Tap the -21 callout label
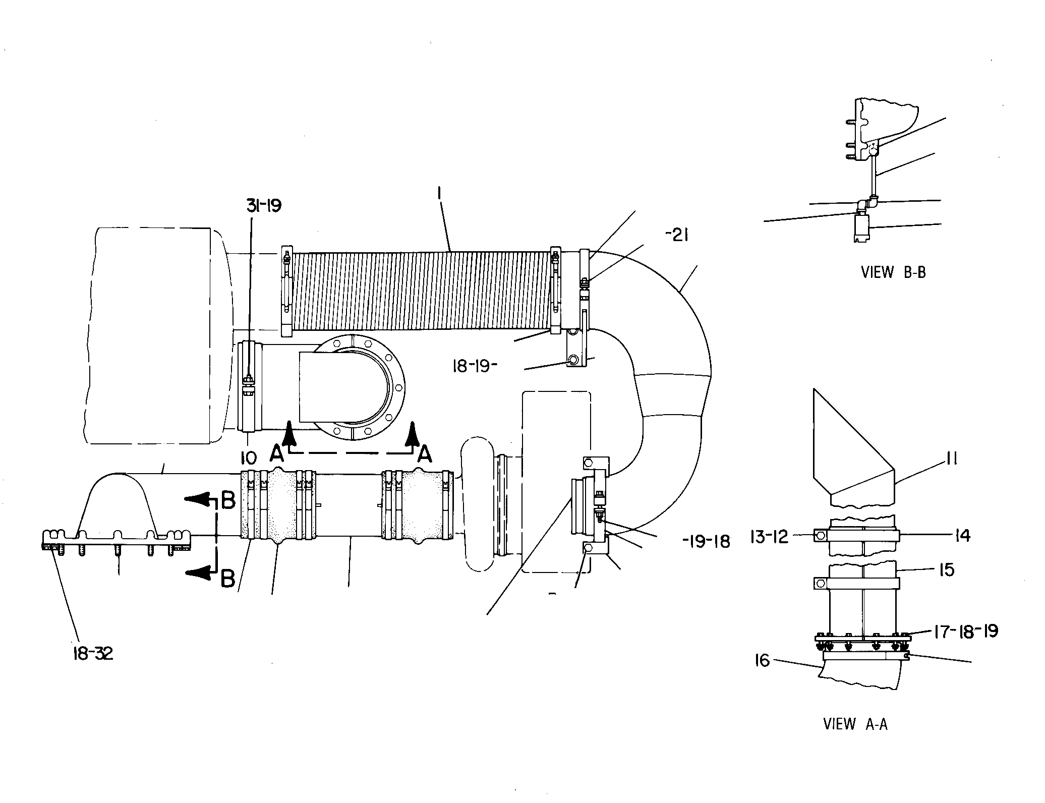click(677, 235)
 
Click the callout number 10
click(249, 458)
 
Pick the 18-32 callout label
click(91, 654)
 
